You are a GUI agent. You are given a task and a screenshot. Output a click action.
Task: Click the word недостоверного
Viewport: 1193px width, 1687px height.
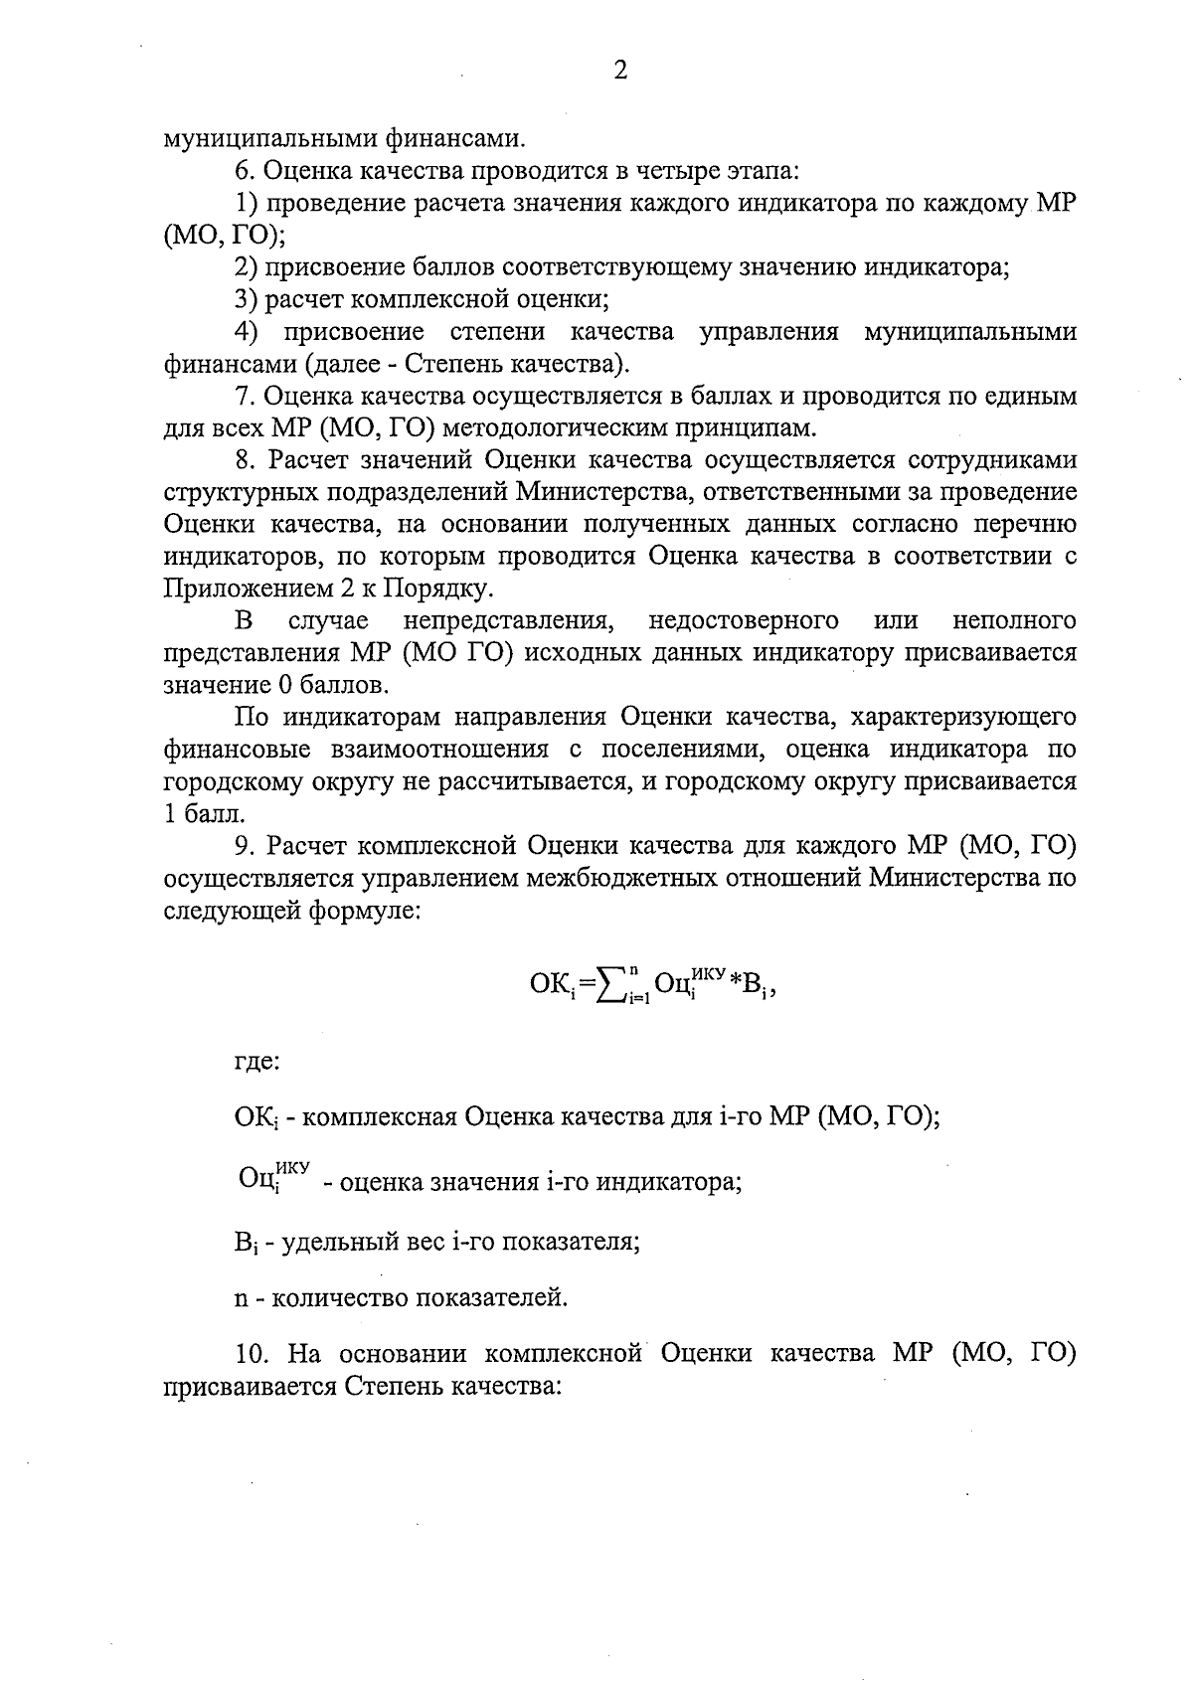743,621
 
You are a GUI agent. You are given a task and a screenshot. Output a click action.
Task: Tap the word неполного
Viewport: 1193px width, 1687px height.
1014,621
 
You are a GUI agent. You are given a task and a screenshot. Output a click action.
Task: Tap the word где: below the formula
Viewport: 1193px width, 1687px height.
256,1062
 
